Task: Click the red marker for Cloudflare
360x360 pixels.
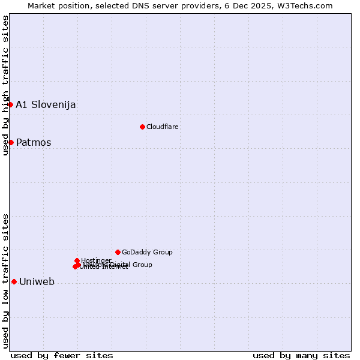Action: (x=142, y=127)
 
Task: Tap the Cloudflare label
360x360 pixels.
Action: (x=163, y=127)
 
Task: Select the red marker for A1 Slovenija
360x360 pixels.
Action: (x=10, y=104)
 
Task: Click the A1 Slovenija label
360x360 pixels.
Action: (x=46, y=104)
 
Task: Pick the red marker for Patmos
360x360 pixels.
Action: (x=11, y=142)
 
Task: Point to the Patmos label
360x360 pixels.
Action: (x=34, y=143)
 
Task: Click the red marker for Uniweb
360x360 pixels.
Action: (x=14, y=281)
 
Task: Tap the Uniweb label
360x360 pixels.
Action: (x=37, y=282)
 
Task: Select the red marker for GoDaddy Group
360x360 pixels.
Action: (x=118, y=252)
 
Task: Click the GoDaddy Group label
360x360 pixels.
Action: (x=147, y=253)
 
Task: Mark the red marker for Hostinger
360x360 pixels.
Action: (x=77, y=260)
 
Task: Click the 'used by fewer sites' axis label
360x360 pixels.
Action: (x=62, y=355)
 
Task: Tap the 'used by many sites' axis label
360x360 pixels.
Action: (x=301, y=355)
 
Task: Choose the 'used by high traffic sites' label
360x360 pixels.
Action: (x=6, y=86)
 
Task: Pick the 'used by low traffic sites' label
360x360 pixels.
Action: (x=6, y=281)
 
